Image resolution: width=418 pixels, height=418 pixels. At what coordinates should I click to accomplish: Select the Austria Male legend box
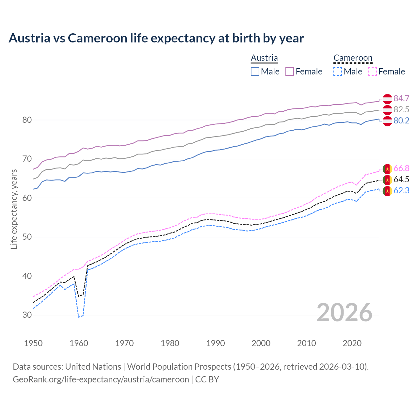255,72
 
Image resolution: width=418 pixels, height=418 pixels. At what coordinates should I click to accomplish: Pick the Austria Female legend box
290,72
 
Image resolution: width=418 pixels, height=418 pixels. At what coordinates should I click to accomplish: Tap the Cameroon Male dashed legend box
338,72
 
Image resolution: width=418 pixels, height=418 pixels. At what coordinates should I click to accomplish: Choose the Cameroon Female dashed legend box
372,72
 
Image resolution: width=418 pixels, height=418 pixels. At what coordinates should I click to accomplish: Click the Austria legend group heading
264,58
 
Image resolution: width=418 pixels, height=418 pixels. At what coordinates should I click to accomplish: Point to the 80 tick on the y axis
27,120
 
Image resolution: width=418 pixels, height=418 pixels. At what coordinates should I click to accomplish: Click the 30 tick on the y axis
27,315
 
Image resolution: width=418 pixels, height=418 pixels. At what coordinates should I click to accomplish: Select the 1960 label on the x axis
79,343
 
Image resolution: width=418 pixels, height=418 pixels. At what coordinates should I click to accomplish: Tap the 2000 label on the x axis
261,343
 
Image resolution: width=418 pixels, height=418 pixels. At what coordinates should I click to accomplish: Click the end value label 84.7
401,98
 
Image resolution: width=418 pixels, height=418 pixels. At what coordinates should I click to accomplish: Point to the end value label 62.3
401,190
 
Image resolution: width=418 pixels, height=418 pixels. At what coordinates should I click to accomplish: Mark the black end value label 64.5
401,179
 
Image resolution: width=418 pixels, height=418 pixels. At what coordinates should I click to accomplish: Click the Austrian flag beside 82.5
387,110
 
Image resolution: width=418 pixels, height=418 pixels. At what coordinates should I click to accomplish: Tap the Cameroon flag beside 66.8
387,169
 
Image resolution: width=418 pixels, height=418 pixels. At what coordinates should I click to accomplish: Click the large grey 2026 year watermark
345,313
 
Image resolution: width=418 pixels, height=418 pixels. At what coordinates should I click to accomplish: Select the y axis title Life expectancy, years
14,209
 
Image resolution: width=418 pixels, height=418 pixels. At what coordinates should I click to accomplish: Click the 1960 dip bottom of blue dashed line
79,317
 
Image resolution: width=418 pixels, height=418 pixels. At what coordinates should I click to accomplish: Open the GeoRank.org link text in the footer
101,379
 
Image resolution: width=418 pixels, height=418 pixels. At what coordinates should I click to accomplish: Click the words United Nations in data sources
93,366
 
